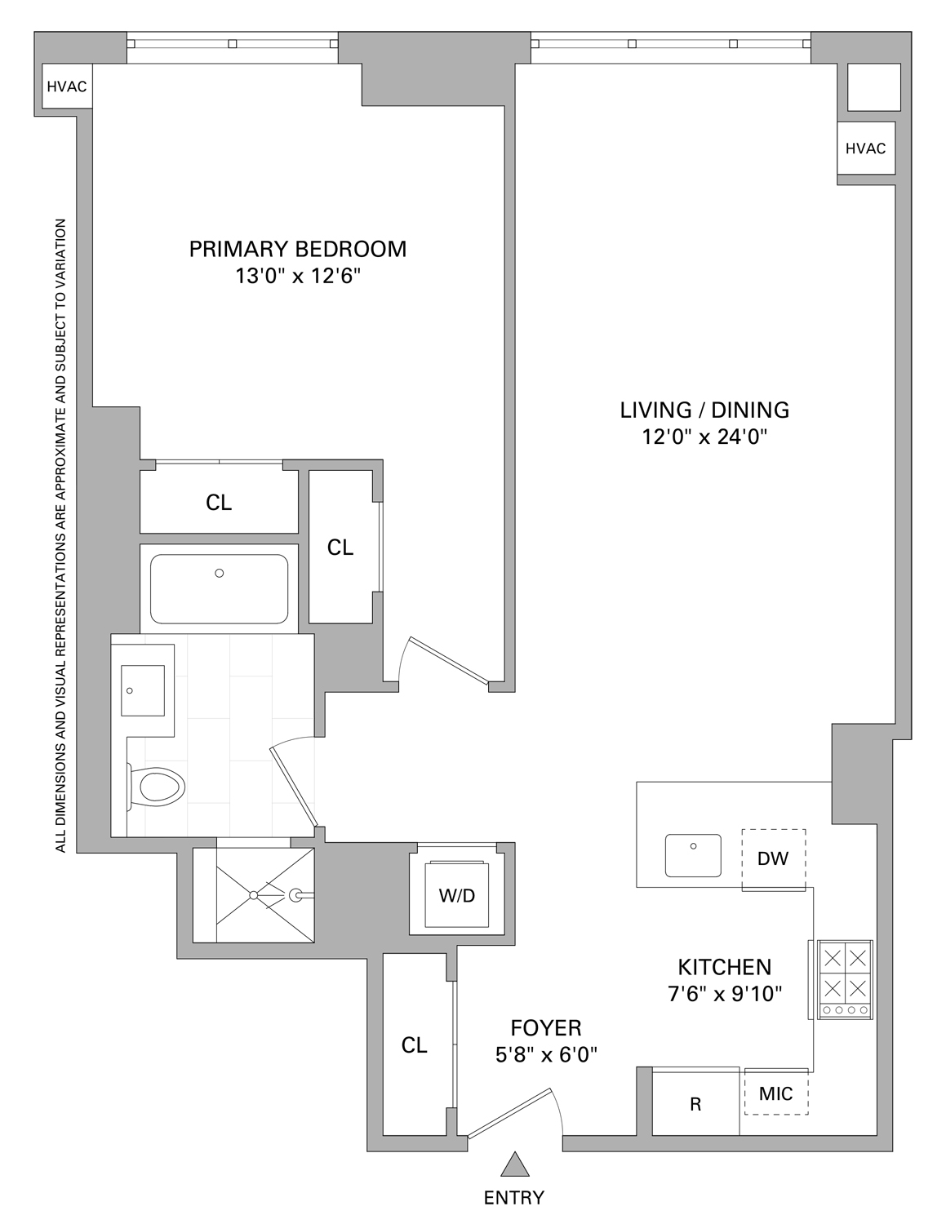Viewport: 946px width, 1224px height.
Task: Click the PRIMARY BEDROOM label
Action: tap(297, 249)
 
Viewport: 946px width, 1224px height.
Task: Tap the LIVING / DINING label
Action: tap(704, 410)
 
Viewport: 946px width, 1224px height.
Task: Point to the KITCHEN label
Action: tap(724, 967)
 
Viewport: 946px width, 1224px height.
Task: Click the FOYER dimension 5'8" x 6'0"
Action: tap(546, 1055)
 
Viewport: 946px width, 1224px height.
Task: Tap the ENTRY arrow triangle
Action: tap(514, 1164)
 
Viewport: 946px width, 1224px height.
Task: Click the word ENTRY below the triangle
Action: tap(514, 1198)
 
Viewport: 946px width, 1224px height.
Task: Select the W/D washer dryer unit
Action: tap(456, 895)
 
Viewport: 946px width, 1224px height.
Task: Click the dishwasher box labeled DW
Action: tap(772, 859)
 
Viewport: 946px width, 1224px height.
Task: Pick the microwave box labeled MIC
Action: tap(775, 1093)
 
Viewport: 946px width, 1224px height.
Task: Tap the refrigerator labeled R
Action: tap(695, 1104)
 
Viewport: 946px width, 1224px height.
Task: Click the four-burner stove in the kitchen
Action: tap(843, 979)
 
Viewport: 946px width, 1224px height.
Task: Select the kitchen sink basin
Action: tap(693, 854)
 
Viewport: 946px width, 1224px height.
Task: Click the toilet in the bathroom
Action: tap(159, 787)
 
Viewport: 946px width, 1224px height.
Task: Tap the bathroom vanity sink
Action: tap(143, 690)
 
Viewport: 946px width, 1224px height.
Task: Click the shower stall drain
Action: tap(254, 895)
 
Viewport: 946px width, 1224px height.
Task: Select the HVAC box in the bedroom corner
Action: tap(67, 86)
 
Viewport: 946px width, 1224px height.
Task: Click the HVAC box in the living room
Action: tap(865, 149)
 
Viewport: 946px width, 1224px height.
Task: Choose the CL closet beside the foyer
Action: tap(415, 1045)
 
